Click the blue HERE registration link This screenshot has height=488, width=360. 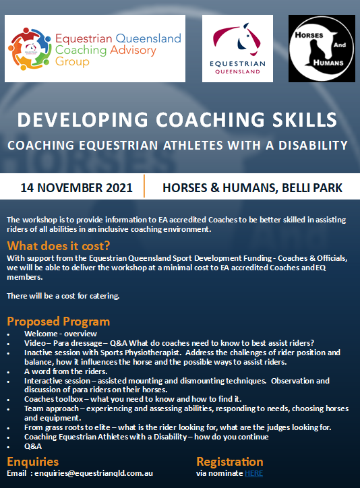(x=253, y=473)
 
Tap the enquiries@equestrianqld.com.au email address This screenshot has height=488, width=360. (x=94, y=473)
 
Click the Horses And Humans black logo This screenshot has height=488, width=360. (x=322, y=49)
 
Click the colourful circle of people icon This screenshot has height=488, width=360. (x=29, y=49)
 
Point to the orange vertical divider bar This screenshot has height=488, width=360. (x=144, y=186)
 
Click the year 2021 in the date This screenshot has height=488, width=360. (x=119, y=188)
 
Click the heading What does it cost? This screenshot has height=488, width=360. (x=59, y=246)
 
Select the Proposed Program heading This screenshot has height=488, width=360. (x=59, y=322)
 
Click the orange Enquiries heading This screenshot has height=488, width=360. (x=32, y=462)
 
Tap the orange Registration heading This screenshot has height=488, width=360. (x=230, y=462)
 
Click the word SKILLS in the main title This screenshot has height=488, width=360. (x=305, y=120)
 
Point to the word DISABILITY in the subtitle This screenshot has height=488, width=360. (x=313, y=146)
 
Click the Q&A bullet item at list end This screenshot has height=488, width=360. (x=33, y=446)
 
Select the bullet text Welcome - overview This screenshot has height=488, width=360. (x=61, y=334)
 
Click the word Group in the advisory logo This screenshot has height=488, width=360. (x=72, y=62)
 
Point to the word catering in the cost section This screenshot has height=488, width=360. (x=104, y=296)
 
